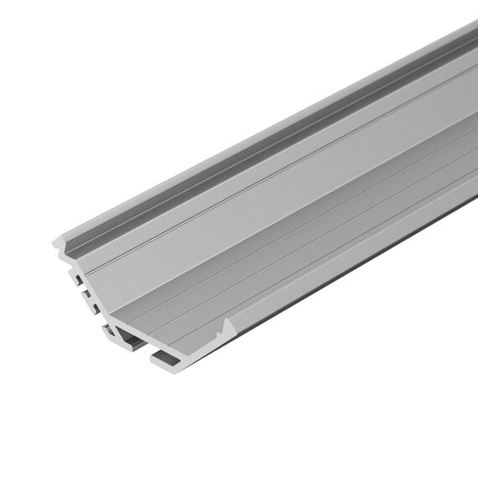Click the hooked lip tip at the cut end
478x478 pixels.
click(55, 242)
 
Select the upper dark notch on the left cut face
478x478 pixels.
click(79, 278)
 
